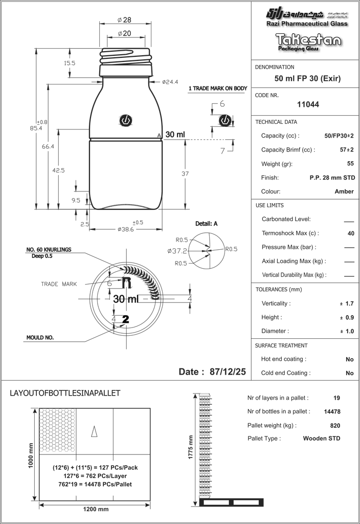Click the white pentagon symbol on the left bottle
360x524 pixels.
[125, 120]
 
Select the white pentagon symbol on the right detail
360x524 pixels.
[224, 120]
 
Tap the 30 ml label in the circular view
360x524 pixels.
[125, 298]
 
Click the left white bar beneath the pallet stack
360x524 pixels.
[216, 503]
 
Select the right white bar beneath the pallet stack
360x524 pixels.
[246, 503]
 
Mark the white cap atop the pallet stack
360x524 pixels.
[205, 395]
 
